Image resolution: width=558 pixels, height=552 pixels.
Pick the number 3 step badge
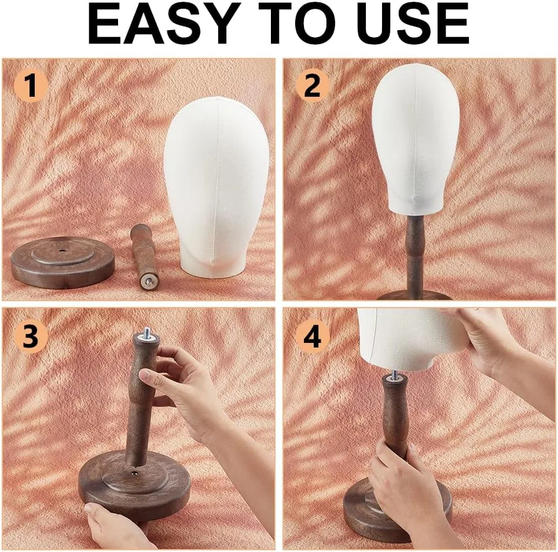[31, 336]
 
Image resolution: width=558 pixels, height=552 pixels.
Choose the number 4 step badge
[313, 336]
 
